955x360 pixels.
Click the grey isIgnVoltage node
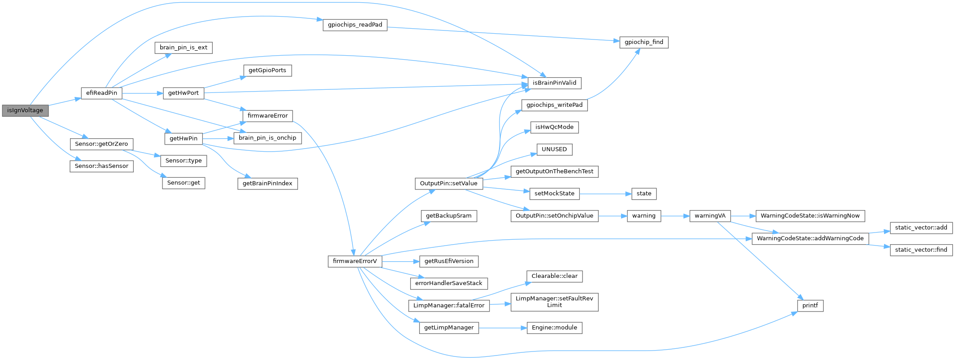click(25, 110)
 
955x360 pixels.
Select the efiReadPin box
click(101, 93)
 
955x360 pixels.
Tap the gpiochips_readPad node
click(355, 25)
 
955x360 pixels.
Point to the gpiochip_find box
click(644, 42)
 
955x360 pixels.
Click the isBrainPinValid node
click(554, 83)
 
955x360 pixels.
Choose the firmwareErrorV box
click(355, 261)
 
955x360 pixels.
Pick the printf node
click(810, 306)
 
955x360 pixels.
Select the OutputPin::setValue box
click(448, 183)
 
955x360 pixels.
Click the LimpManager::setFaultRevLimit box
click(554, 302)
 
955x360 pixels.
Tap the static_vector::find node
click(921, 250)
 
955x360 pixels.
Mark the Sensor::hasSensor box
click(101, 166)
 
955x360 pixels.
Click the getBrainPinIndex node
click(267, 183)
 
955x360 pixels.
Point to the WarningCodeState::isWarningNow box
click(810, 216)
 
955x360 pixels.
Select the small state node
click(644, 193)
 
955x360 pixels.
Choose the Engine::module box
click(554, 328)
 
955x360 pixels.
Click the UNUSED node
click(554, 149)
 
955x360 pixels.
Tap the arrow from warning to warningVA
click(675, 216)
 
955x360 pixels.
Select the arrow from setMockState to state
click(606, 194)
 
